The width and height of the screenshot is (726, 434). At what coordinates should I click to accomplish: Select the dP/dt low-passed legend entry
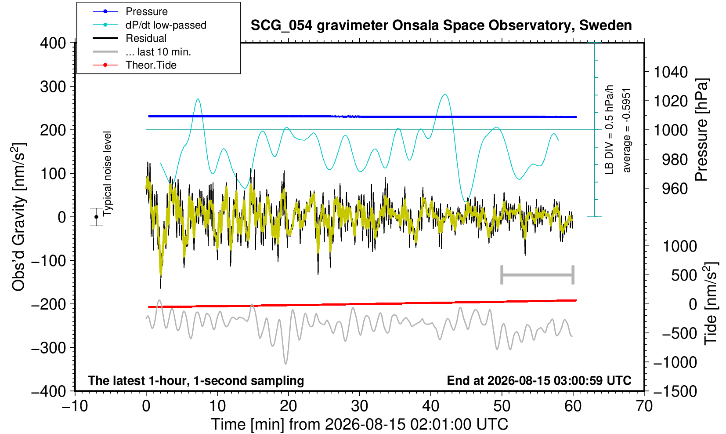[x=149, y=25]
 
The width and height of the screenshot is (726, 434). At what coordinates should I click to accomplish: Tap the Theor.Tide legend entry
[x=134, y=65]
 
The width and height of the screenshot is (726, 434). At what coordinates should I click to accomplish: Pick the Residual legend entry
[x=130, y=38]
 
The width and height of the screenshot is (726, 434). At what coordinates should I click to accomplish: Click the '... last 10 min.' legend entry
[x=142, y=51]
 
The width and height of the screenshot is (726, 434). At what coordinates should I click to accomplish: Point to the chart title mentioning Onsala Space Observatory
[x=441, y=26]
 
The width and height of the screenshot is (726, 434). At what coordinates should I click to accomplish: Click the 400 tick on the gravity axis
[x=53, y=43]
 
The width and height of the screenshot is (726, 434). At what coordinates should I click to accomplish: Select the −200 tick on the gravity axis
[x=49, y=304]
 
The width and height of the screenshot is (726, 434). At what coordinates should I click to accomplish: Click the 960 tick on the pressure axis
[x=675, y=188]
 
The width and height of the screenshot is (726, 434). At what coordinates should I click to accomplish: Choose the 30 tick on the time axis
[x=359, y=406]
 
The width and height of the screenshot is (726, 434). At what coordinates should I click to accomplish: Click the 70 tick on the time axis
[x=644, y=406]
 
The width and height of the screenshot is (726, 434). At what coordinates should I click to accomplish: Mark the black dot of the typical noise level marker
[x=96, y=217]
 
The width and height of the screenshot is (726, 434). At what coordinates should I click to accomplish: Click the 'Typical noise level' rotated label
[x=107, y=174]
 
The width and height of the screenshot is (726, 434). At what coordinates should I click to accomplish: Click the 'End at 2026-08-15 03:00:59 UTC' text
[x=539, y=380]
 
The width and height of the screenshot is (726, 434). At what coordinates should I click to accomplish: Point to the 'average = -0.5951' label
[x=626, y=130]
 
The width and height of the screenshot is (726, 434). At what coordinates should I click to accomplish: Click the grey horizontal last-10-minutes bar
[x=538, y=275]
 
